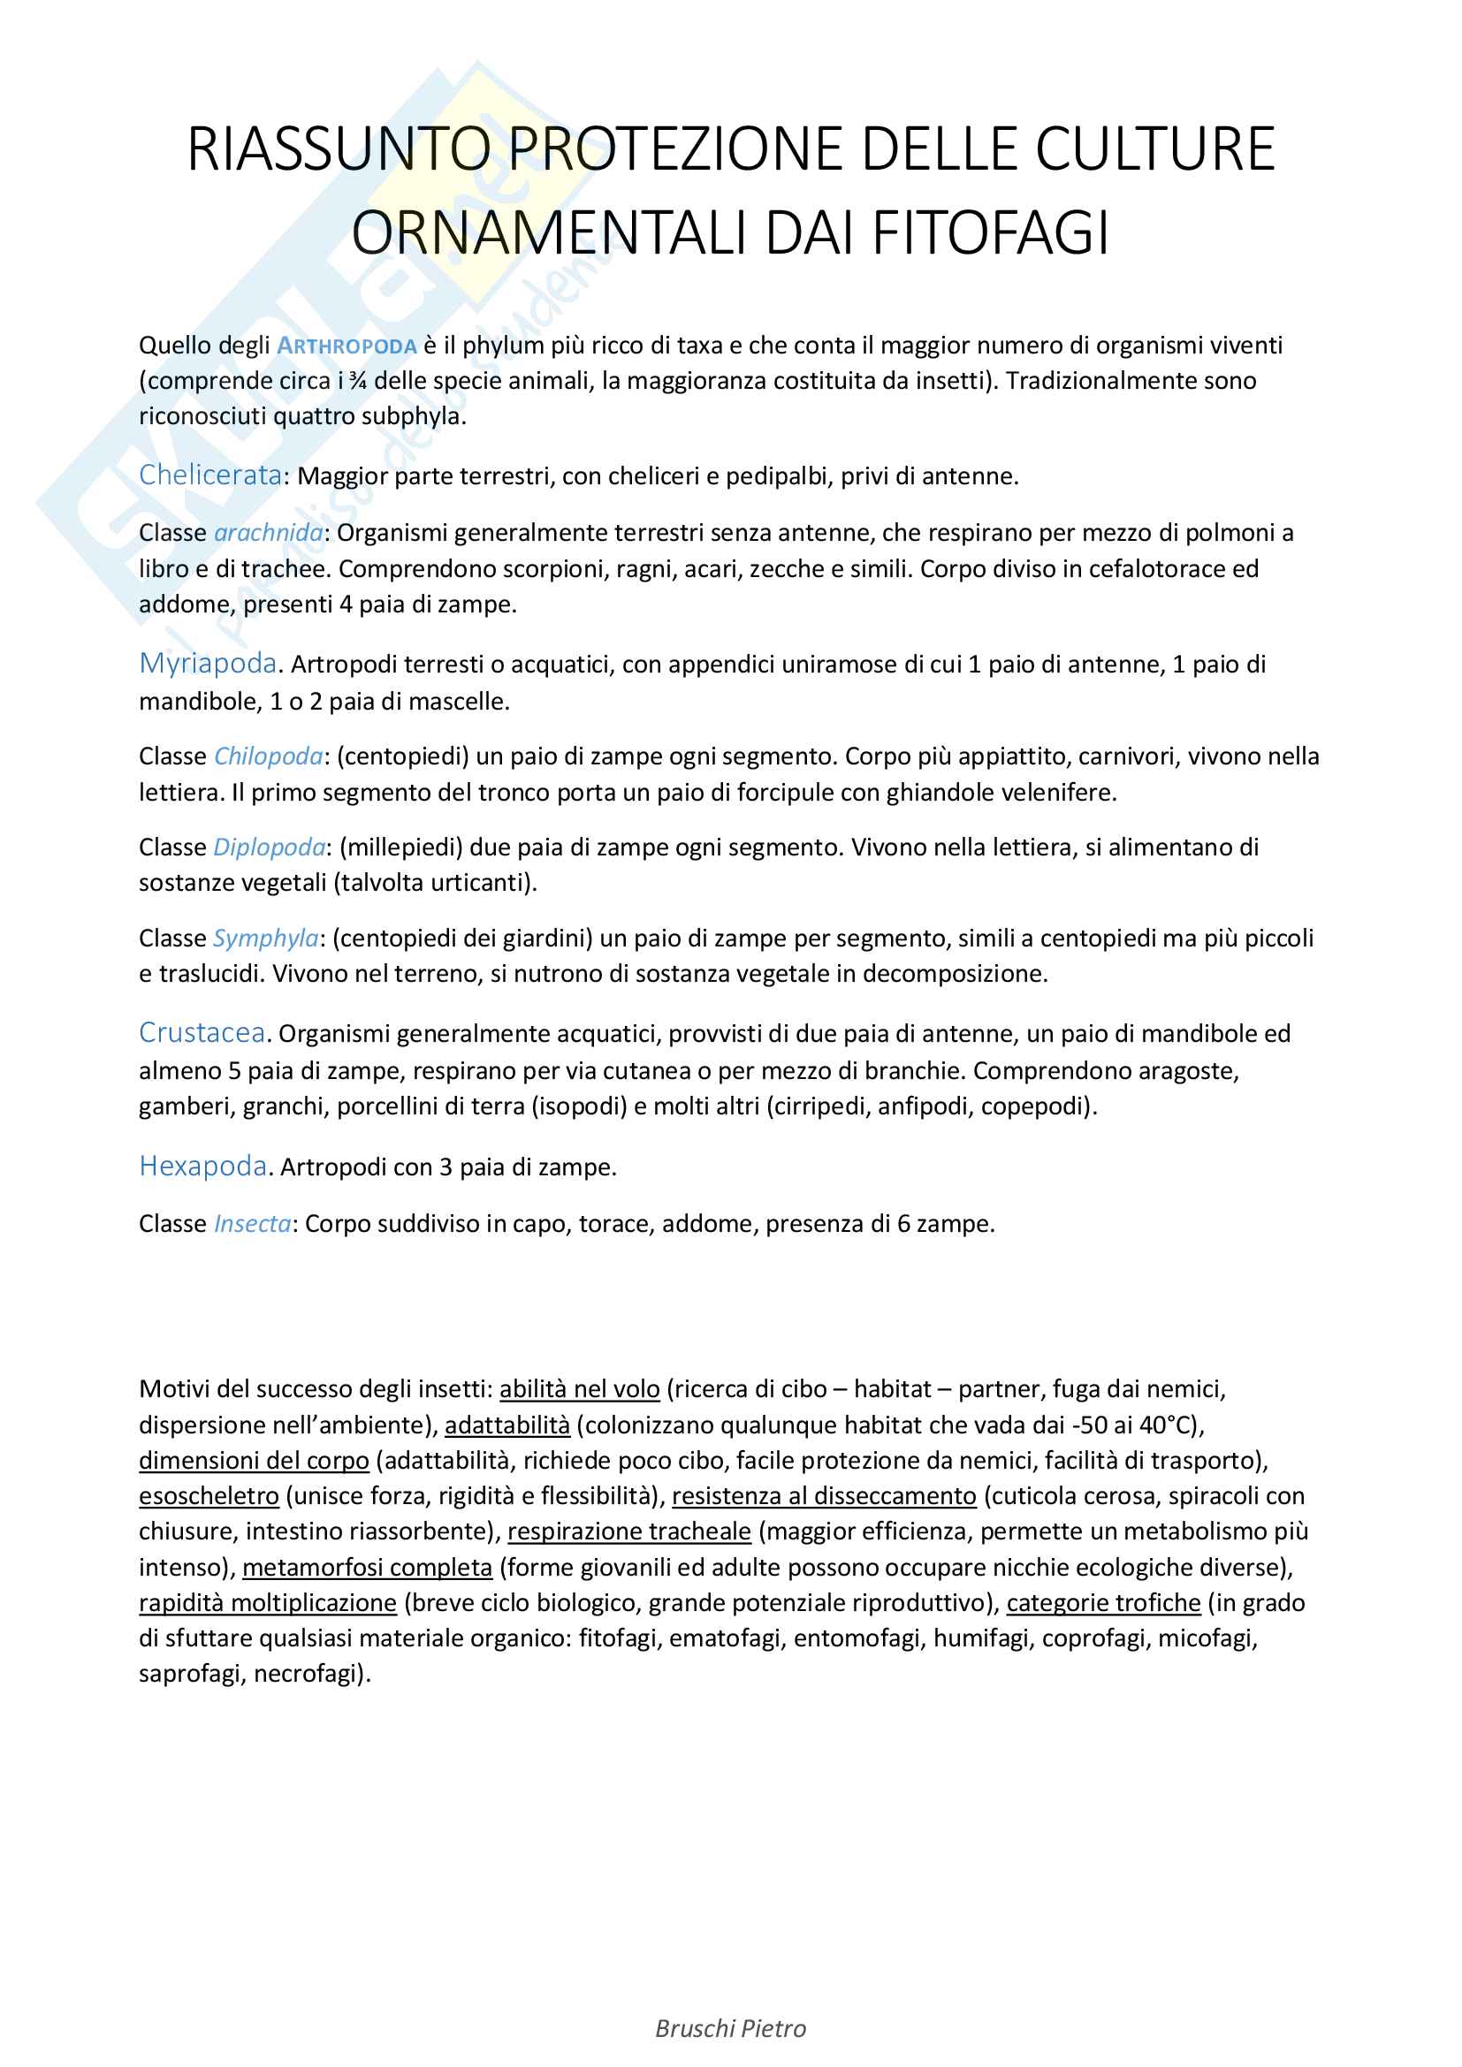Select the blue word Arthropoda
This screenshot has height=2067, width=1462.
[346, 346]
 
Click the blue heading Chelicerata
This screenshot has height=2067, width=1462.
[210, 475]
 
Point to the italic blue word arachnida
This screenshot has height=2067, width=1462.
[269, 533]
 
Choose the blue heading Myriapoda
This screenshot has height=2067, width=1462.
[208, 664]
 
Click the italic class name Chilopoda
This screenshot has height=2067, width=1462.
[269, 756]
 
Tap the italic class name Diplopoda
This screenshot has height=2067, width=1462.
[270, 847]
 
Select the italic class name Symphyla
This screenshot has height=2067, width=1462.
[265, 939]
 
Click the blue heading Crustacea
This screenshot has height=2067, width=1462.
[202, 1032]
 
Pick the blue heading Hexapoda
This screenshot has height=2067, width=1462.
[202, 1166]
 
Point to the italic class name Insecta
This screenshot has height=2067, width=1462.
[252, 1223]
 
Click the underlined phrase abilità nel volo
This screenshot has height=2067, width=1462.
[580, 1389]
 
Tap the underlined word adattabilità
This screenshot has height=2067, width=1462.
[506, 1425]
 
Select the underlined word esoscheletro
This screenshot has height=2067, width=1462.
[209, 1496]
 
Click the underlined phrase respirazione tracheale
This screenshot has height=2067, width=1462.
[629, 1531]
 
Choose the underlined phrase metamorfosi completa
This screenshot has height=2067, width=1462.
[368, 1568]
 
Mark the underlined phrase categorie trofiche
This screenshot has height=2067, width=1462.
[1104, 1602]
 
